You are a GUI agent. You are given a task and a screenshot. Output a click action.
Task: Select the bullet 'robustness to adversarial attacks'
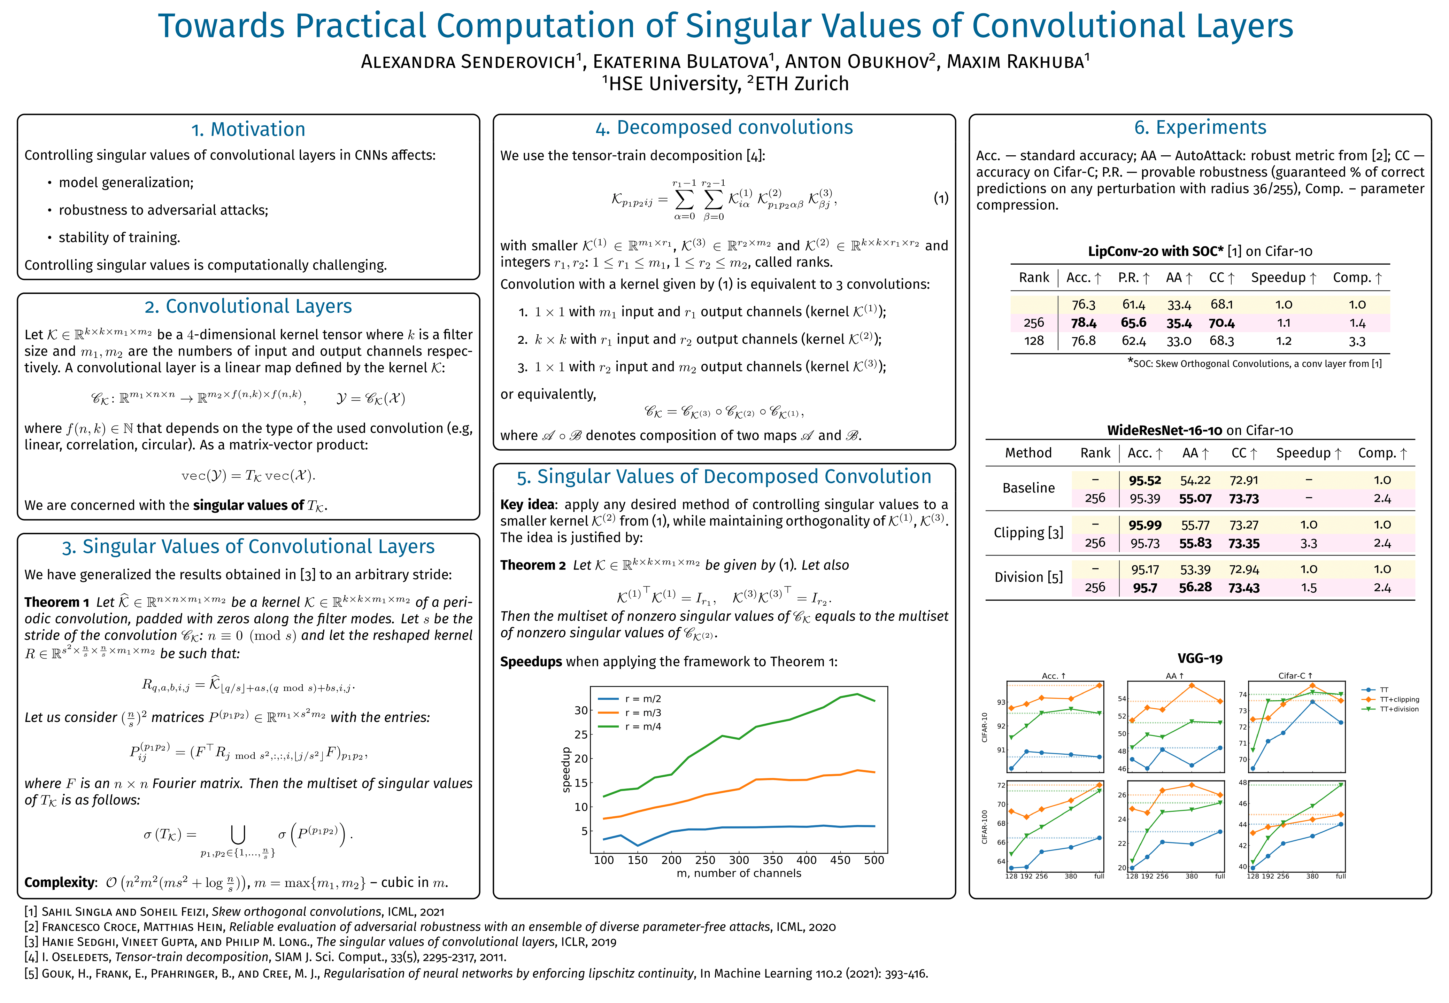point(163,210)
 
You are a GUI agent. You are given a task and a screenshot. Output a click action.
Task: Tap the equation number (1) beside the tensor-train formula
point(940,199)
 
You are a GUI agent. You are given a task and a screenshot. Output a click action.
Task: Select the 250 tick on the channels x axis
point(705,860)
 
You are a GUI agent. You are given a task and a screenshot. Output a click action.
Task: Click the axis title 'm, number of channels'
point(739,873)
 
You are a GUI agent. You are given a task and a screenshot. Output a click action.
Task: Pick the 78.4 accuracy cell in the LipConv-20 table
point(1083,323)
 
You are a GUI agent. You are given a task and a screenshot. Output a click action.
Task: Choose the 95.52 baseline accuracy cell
point(1144,480)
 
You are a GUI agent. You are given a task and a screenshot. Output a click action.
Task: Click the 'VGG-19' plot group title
point(1200,659)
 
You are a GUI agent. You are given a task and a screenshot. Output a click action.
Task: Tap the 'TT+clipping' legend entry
point(1399,699)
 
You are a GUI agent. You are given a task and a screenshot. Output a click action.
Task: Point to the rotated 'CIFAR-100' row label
point(985,826)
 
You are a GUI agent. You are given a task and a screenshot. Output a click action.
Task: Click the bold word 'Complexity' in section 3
point(60,883)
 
